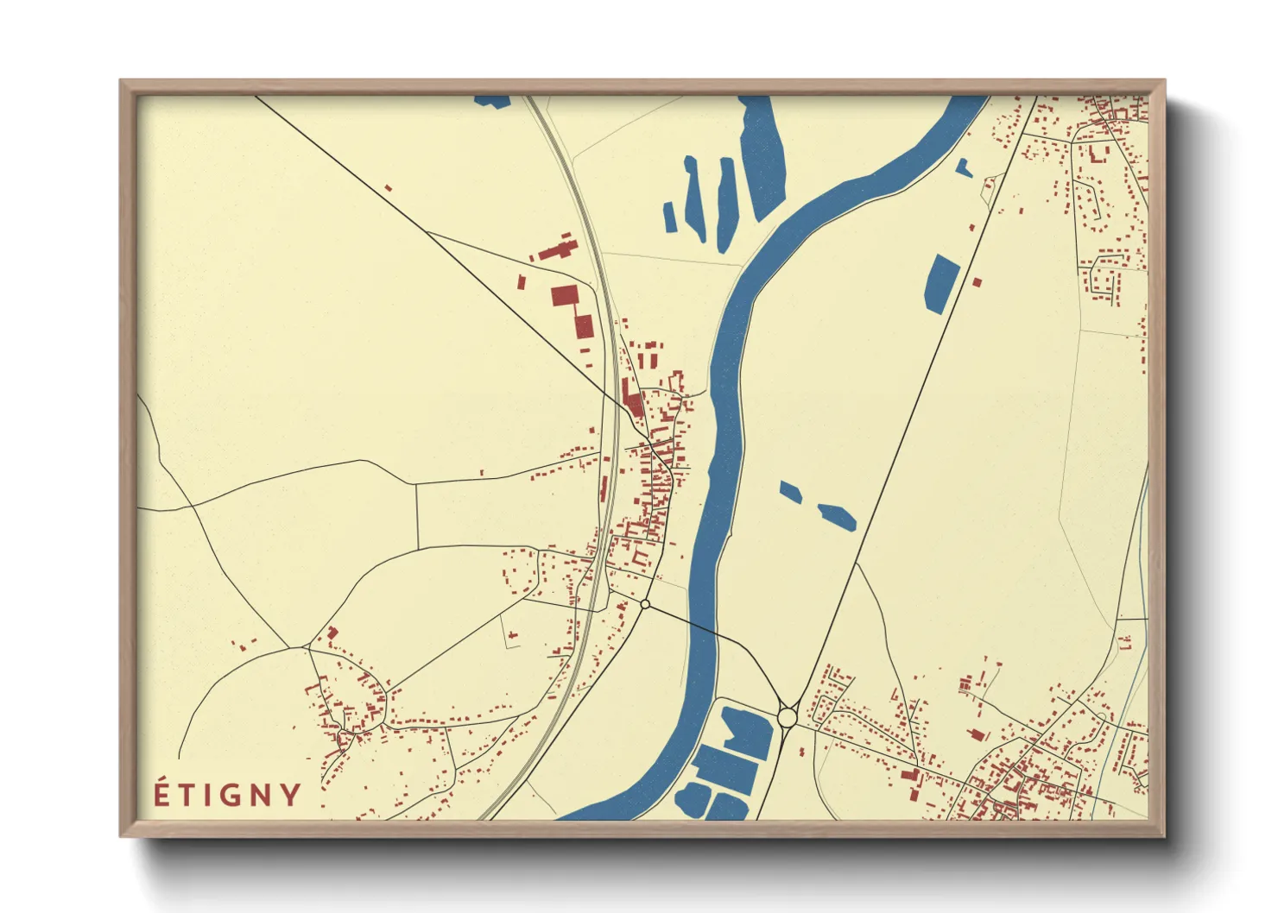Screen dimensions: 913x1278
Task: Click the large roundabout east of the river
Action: tap(787, 716)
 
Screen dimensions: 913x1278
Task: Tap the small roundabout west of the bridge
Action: tap(645, 604)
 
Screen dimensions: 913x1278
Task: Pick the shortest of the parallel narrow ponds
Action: tap(670, 216)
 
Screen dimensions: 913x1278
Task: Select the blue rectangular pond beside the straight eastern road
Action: tap(941, 281)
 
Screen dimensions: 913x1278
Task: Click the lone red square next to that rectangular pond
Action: tap(977, 281)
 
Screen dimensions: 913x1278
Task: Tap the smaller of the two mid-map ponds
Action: tap(790, 492)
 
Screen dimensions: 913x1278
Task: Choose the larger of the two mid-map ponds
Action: tap(837, 515)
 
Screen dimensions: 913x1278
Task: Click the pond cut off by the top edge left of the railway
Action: tap(492, 101)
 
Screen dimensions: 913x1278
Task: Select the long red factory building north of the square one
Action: tap(557, 249)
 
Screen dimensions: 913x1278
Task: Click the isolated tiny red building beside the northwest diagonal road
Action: tap(389, 187)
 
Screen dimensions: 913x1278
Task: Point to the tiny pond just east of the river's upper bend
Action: tap(964, 168)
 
